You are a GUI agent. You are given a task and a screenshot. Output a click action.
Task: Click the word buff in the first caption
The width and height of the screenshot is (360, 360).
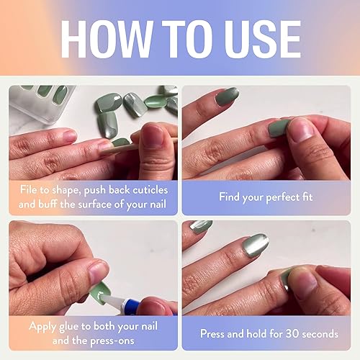click(x=53, y=204)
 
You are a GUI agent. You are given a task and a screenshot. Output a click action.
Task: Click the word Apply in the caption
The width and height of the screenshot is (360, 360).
click(x=44, y=326)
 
